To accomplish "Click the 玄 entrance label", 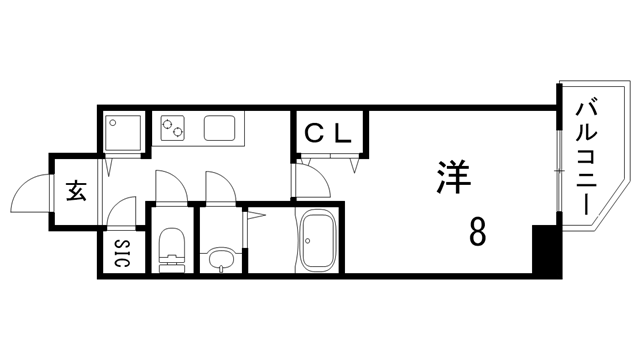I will pyautogui.click(x=76, y=190).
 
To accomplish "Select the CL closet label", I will pyautogui.click(x=327, y=132).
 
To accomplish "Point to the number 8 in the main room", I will pyautogui.click(x=478, y=232).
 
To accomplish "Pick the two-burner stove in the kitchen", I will pyautogui.click(x=173, y=128).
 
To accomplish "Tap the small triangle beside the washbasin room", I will pyautogui.click(x=256, y=214).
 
